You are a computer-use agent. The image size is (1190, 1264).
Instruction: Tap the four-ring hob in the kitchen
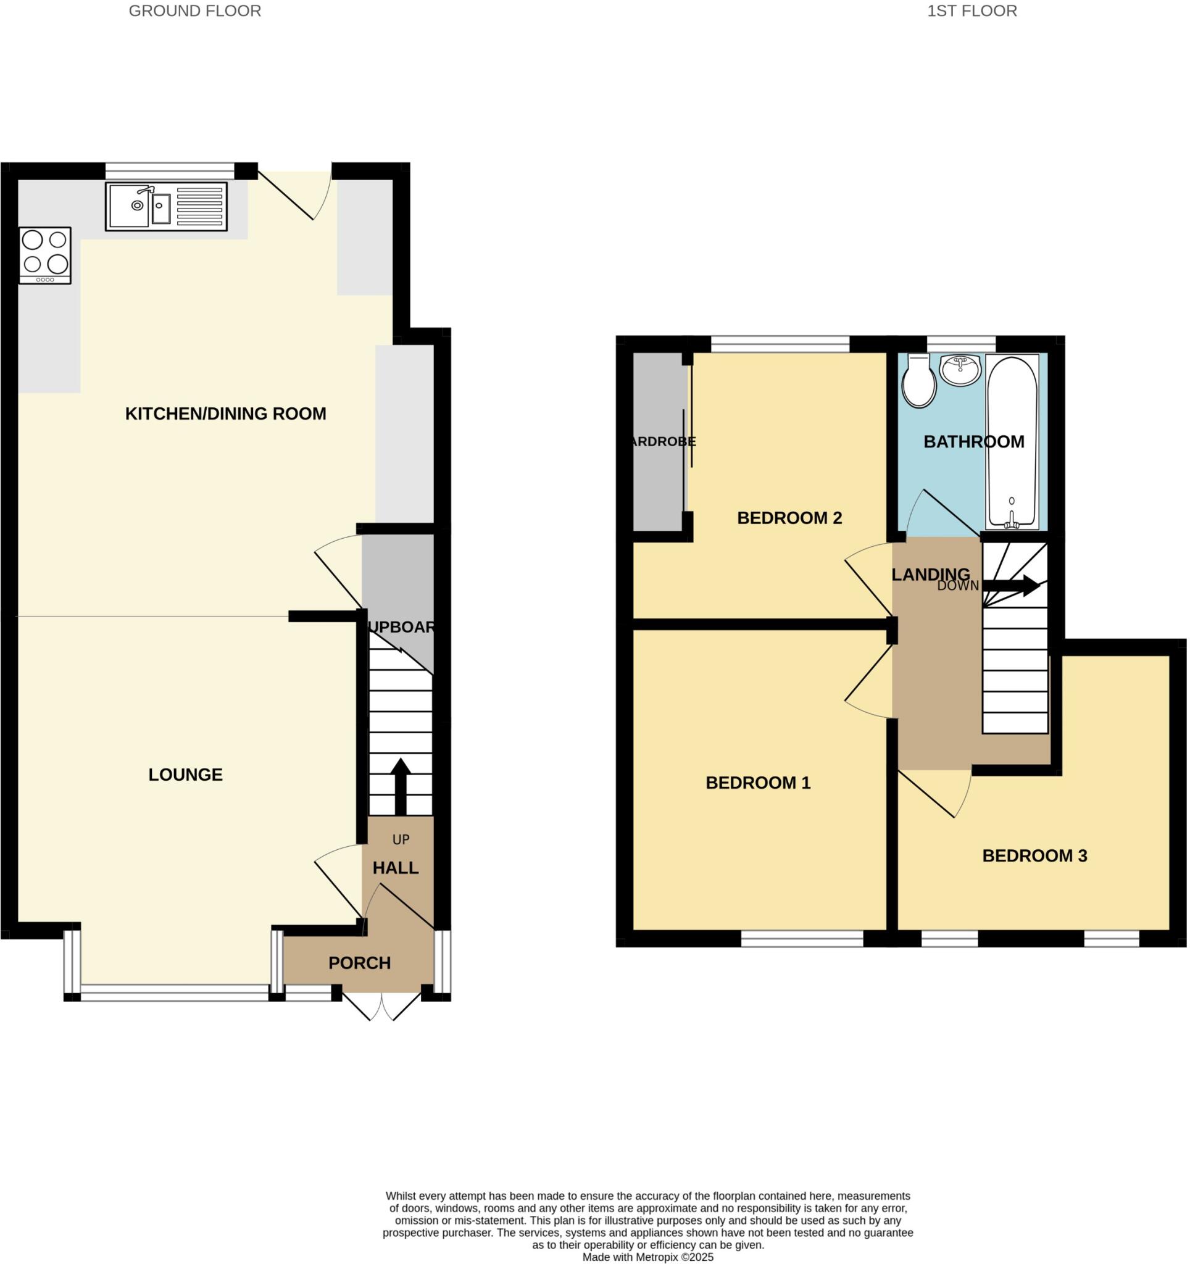(x=44, y=255)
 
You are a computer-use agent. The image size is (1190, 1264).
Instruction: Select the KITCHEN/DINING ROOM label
(x=226, y=414)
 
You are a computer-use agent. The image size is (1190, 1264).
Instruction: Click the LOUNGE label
(x=186, y=775)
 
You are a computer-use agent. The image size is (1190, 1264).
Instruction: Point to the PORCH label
(x=359, y=963)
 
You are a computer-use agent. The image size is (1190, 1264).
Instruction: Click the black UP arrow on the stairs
(x=401, y=786)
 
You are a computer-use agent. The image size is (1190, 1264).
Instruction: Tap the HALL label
(x=396, y=868)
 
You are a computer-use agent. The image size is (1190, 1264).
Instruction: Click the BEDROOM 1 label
(x=758, y=783)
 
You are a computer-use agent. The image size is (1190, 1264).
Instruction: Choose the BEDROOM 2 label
(x=789, y=518)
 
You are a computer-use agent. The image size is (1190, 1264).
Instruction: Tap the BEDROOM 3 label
(x=1034, y=856)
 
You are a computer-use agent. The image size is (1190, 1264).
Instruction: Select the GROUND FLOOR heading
(x=194, y=11)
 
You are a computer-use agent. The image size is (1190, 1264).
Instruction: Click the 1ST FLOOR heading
(x=972, y=11)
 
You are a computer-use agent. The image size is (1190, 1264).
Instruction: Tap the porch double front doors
(x=381, y=1005)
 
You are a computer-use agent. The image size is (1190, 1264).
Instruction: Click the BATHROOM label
(x=973, y=442)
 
